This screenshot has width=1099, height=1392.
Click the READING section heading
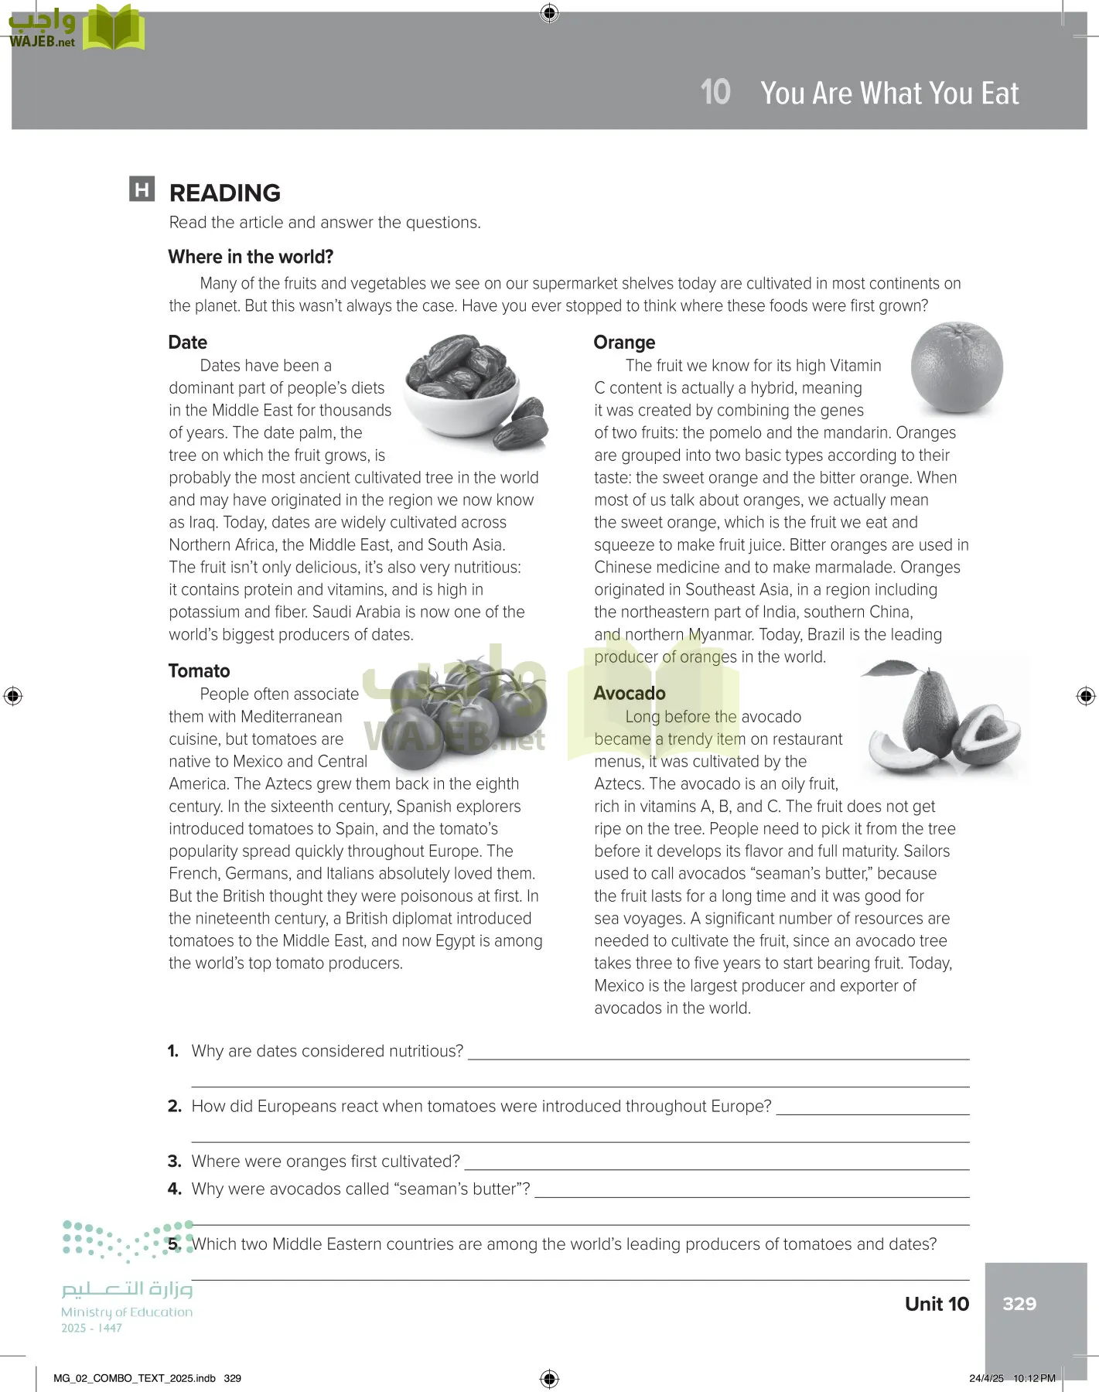224,193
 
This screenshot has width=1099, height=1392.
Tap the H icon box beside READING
142,189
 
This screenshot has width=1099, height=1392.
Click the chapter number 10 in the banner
715,93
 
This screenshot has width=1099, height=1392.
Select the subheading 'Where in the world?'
251,257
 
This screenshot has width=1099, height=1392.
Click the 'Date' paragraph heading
188,343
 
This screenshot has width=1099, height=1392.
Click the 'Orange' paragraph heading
624,343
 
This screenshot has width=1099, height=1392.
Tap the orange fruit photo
957,369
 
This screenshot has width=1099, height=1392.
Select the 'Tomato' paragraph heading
200,671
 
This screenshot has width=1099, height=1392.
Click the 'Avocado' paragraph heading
630,694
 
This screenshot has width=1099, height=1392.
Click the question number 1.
173,1051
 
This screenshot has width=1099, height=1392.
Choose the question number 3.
174,1162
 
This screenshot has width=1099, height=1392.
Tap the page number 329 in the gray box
1019,1304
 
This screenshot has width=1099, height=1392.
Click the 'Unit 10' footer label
937,1304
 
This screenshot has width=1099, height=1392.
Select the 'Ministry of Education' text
127,1312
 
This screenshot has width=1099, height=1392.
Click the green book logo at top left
114,29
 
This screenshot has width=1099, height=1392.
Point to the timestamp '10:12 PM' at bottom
1034,1378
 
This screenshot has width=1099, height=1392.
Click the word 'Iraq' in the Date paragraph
202,523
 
